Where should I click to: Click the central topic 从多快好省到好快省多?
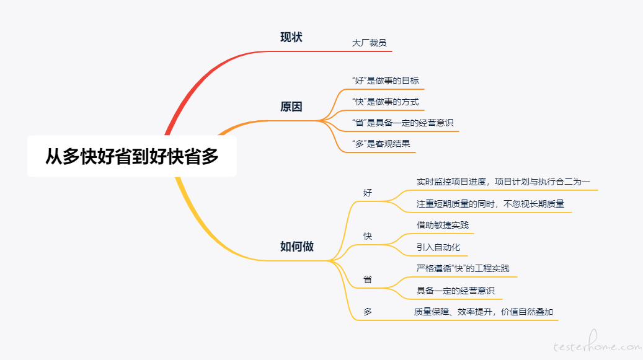pos(131,156)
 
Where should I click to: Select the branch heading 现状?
pos(291,37)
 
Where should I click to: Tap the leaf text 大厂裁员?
pos(369,43)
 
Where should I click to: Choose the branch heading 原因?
pos(291,107)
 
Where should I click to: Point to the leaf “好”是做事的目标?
pos(386,81)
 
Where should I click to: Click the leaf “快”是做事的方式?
pos(386,102)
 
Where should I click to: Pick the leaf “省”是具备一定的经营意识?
pos(402,123)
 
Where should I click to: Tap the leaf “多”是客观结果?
pos(381,144)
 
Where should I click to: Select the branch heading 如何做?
pos(297,247)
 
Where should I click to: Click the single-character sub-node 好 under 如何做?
pos(368,193)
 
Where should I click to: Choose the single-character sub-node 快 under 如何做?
pos(368,236)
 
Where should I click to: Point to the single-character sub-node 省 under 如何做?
pos(368,279)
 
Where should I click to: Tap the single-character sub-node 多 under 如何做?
pos(368,312)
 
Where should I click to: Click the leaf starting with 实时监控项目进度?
pos(503,182)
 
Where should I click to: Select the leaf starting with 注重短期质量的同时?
pos(490,204)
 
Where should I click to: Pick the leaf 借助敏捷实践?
pos(443,226)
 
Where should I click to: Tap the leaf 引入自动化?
pos(438,247)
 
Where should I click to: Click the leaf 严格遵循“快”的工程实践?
pos(463,269)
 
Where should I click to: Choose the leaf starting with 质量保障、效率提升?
pos(484,312)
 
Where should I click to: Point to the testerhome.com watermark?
pos(598,343)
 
